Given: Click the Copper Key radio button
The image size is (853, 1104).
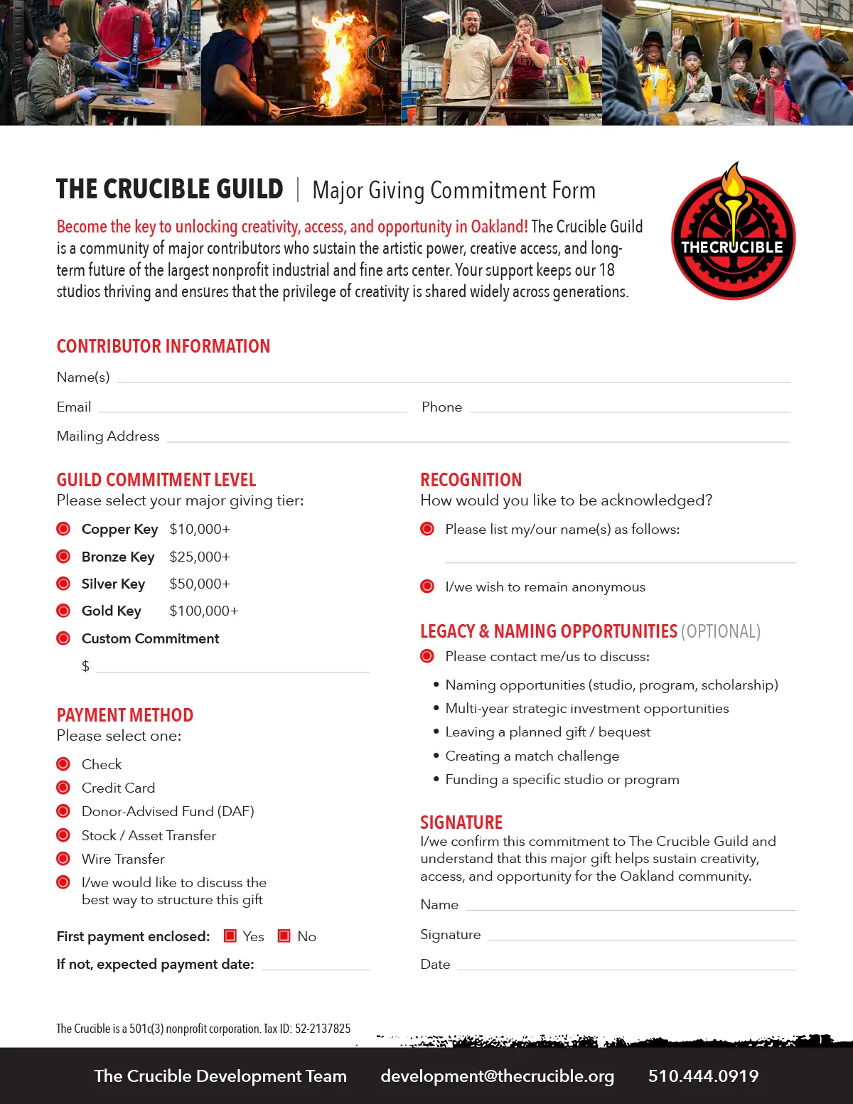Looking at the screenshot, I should click(63, 529).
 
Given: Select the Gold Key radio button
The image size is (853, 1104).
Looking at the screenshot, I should click(63, 611).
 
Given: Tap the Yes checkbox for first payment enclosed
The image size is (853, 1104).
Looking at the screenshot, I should click(230, 936).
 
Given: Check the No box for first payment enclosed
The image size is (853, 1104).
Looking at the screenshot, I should click(284, 936).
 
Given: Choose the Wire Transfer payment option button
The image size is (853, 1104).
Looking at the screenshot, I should click(63, 858).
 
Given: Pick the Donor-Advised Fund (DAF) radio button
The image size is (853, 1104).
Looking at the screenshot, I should click(63, 811).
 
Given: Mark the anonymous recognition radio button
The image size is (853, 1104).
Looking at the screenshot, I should click(427, 586).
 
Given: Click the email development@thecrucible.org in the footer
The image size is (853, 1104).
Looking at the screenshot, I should click(498, 1076).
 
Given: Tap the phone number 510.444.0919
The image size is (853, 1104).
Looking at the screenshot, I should click(703, 1076).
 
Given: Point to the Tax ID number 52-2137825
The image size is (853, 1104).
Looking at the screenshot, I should click(323, 1029).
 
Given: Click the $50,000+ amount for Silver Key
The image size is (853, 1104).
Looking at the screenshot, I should click(200, 584).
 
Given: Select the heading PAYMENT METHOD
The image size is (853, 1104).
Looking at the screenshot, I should click(125, 715).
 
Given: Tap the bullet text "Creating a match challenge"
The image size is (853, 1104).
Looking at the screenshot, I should click(532, 756).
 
